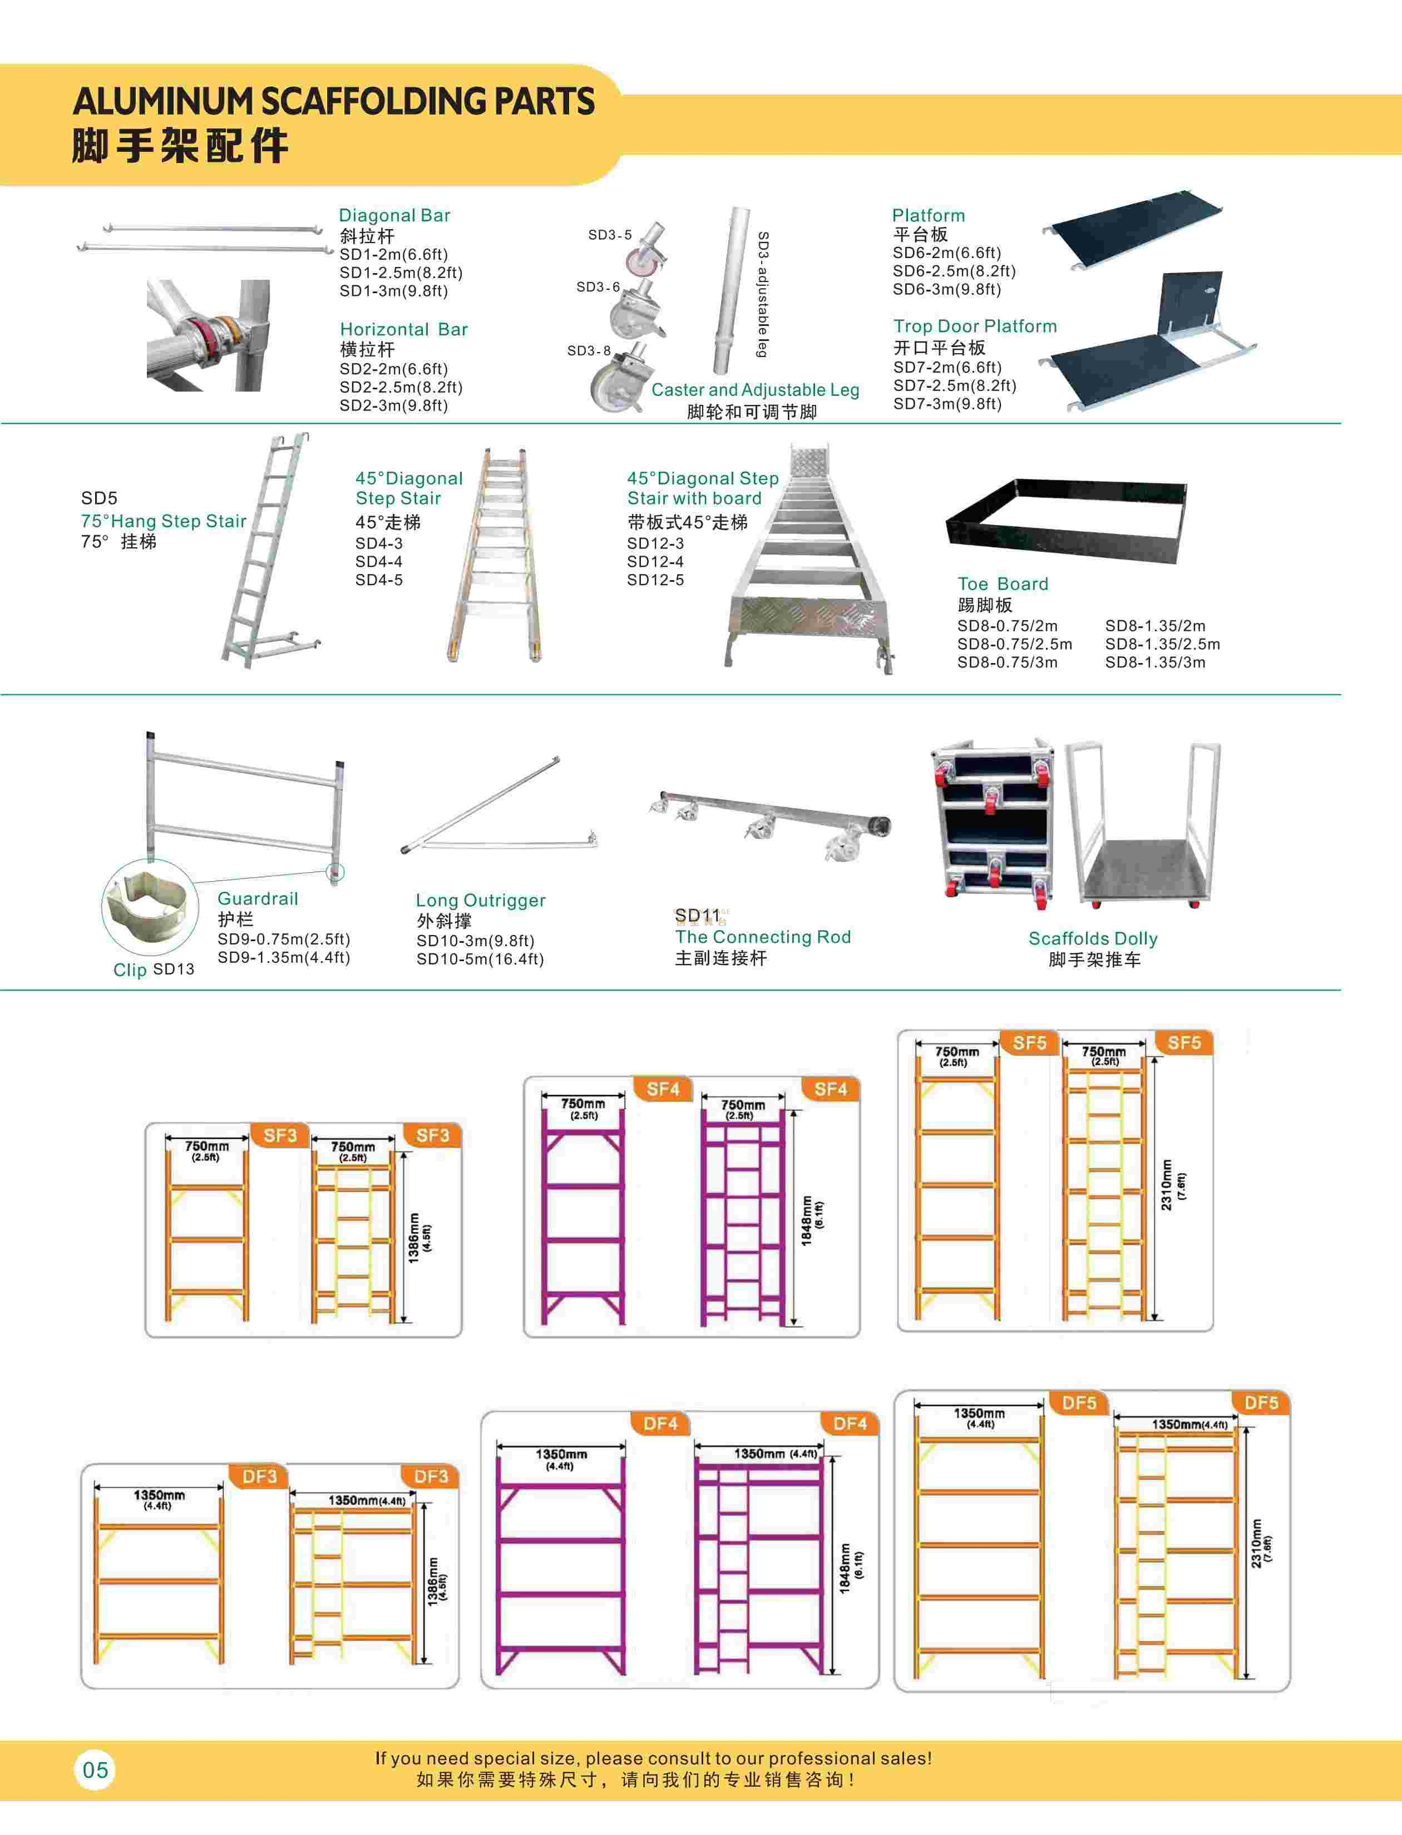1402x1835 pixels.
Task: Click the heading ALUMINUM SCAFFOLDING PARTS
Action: point(334,102)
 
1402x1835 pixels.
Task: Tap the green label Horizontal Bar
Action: point(404,330)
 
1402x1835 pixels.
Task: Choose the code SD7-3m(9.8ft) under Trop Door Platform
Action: point(947,404)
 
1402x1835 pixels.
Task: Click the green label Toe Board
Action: point(1003,584)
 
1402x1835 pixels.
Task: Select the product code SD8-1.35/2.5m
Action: point(1163,644)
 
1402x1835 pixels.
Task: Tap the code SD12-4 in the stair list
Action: point(655,562)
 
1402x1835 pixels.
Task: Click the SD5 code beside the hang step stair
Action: point(99,498)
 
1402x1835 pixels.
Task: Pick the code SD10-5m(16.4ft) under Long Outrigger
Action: point(480,959)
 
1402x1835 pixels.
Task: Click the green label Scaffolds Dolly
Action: point(1093,939)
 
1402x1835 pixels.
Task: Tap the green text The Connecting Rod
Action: point(763,937)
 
